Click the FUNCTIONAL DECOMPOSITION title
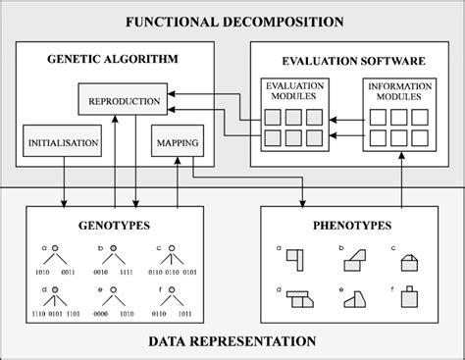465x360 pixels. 232,21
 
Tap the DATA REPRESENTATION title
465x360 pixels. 232,341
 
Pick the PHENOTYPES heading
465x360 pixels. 348,225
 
